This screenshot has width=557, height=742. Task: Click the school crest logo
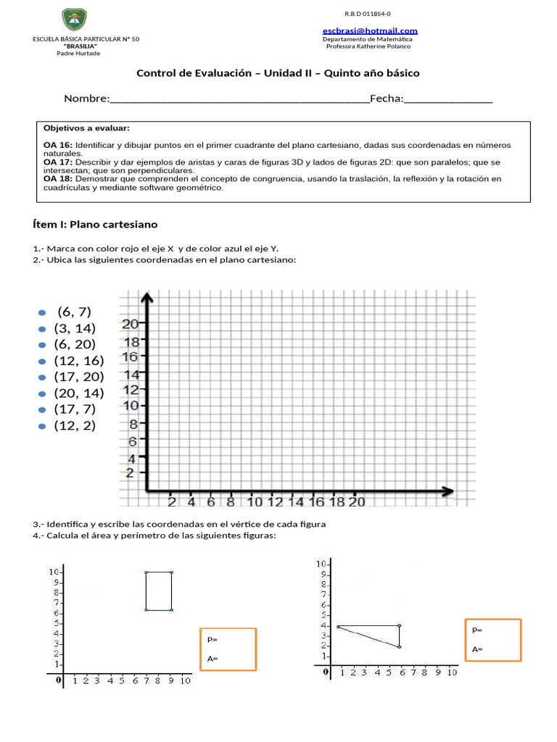coord(74,20)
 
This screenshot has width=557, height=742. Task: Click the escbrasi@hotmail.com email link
coord(370,30)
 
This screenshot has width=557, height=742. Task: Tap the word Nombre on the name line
coord(86,99)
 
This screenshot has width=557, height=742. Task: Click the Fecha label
coord(386,99)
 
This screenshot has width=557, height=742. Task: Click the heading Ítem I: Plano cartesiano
coord(95,225)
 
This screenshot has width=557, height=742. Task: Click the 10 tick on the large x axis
coord(255,501)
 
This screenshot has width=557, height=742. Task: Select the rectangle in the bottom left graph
coord(159,591)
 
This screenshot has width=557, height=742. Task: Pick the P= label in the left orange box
coord(213,640)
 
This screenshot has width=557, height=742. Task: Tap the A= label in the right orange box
coord(477,649)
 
